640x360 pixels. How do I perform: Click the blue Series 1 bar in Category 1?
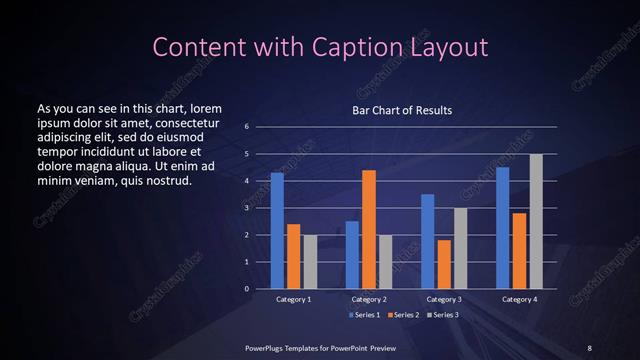277,230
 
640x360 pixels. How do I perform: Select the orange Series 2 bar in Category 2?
369,229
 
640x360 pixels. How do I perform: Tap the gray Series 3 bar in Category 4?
536,221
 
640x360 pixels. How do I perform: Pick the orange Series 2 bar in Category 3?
445,264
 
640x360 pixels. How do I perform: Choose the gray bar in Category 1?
309,261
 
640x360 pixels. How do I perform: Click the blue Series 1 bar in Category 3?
428,241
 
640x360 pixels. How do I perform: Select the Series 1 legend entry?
363,315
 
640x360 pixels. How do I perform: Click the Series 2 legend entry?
404,315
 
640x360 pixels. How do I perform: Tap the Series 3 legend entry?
444,315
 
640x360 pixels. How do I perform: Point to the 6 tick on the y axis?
247,127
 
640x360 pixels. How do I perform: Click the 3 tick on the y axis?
247,208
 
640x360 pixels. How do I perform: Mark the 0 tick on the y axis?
247,289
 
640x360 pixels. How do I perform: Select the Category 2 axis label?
369,299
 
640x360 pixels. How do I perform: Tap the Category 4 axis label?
519,299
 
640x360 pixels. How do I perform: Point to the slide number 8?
589,347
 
